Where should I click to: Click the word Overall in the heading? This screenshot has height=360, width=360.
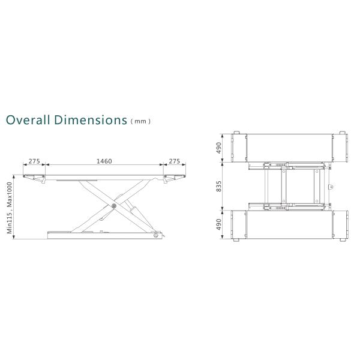click(x=26, y=119)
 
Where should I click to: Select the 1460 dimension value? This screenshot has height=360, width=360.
click(x=105, y=161)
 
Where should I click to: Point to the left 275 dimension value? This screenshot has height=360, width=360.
click(x=34, y=161)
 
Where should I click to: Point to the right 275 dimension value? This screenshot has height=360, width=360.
click(x=175, y=161)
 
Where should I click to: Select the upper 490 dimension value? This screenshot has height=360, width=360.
click(x=220, y=147)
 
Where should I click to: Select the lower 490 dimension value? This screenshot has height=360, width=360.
click(x=220, y=224)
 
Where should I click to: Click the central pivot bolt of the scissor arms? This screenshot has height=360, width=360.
click(x=114, y=206)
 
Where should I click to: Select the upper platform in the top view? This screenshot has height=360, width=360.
click(x=290, y=147)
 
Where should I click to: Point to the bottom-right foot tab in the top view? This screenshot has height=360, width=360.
click(x=343, y=241)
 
